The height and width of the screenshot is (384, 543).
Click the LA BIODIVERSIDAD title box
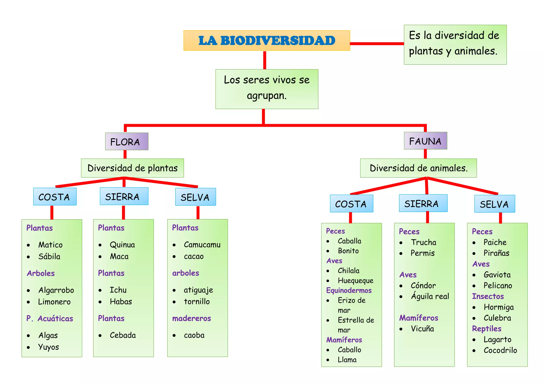(x=266, y=41)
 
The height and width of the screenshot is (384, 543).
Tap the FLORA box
(x=126, y=142)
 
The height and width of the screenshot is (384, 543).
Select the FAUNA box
(x=425, y=141)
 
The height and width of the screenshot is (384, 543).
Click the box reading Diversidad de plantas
(x=132, y=168)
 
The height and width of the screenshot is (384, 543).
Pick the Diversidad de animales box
(x=418, y=168)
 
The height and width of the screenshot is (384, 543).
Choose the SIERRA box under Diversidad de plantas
(x=124, y=197)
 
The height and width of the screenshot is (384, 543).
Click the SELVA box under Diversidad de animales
(x=494, y=204)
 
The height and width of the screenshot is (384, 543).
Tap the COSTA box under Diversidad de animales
(x=351, y=204)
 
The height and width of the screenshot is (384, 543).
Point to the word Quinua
(x=122, y=245)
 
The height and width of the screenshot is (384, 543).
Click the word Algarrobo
(x=56, y=290)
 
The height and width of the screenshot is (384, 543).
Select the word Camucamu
(x=202, y=245)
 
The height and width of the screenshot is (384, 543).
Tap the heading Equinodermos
(x=349, y=290)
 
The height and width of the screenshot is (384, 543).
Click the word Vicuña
(x=422, y=329)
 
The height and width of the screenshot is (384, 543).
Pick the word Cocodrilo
(x=500, y=350)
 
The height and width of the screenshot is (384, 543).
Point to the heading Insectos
(x=488, y=296)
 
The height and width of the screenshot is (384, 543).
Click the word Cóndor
(x=423, y=286)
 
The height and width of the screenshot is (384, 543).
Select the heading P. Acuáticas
(x=50, y=318)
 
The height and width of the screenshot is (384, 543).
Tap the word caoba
(x=194, y=335)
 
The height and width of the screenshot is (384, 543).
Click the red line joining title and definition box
(x=377, y=43)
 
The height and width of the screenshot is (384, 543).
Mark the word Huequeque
(x=355, y=281)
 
